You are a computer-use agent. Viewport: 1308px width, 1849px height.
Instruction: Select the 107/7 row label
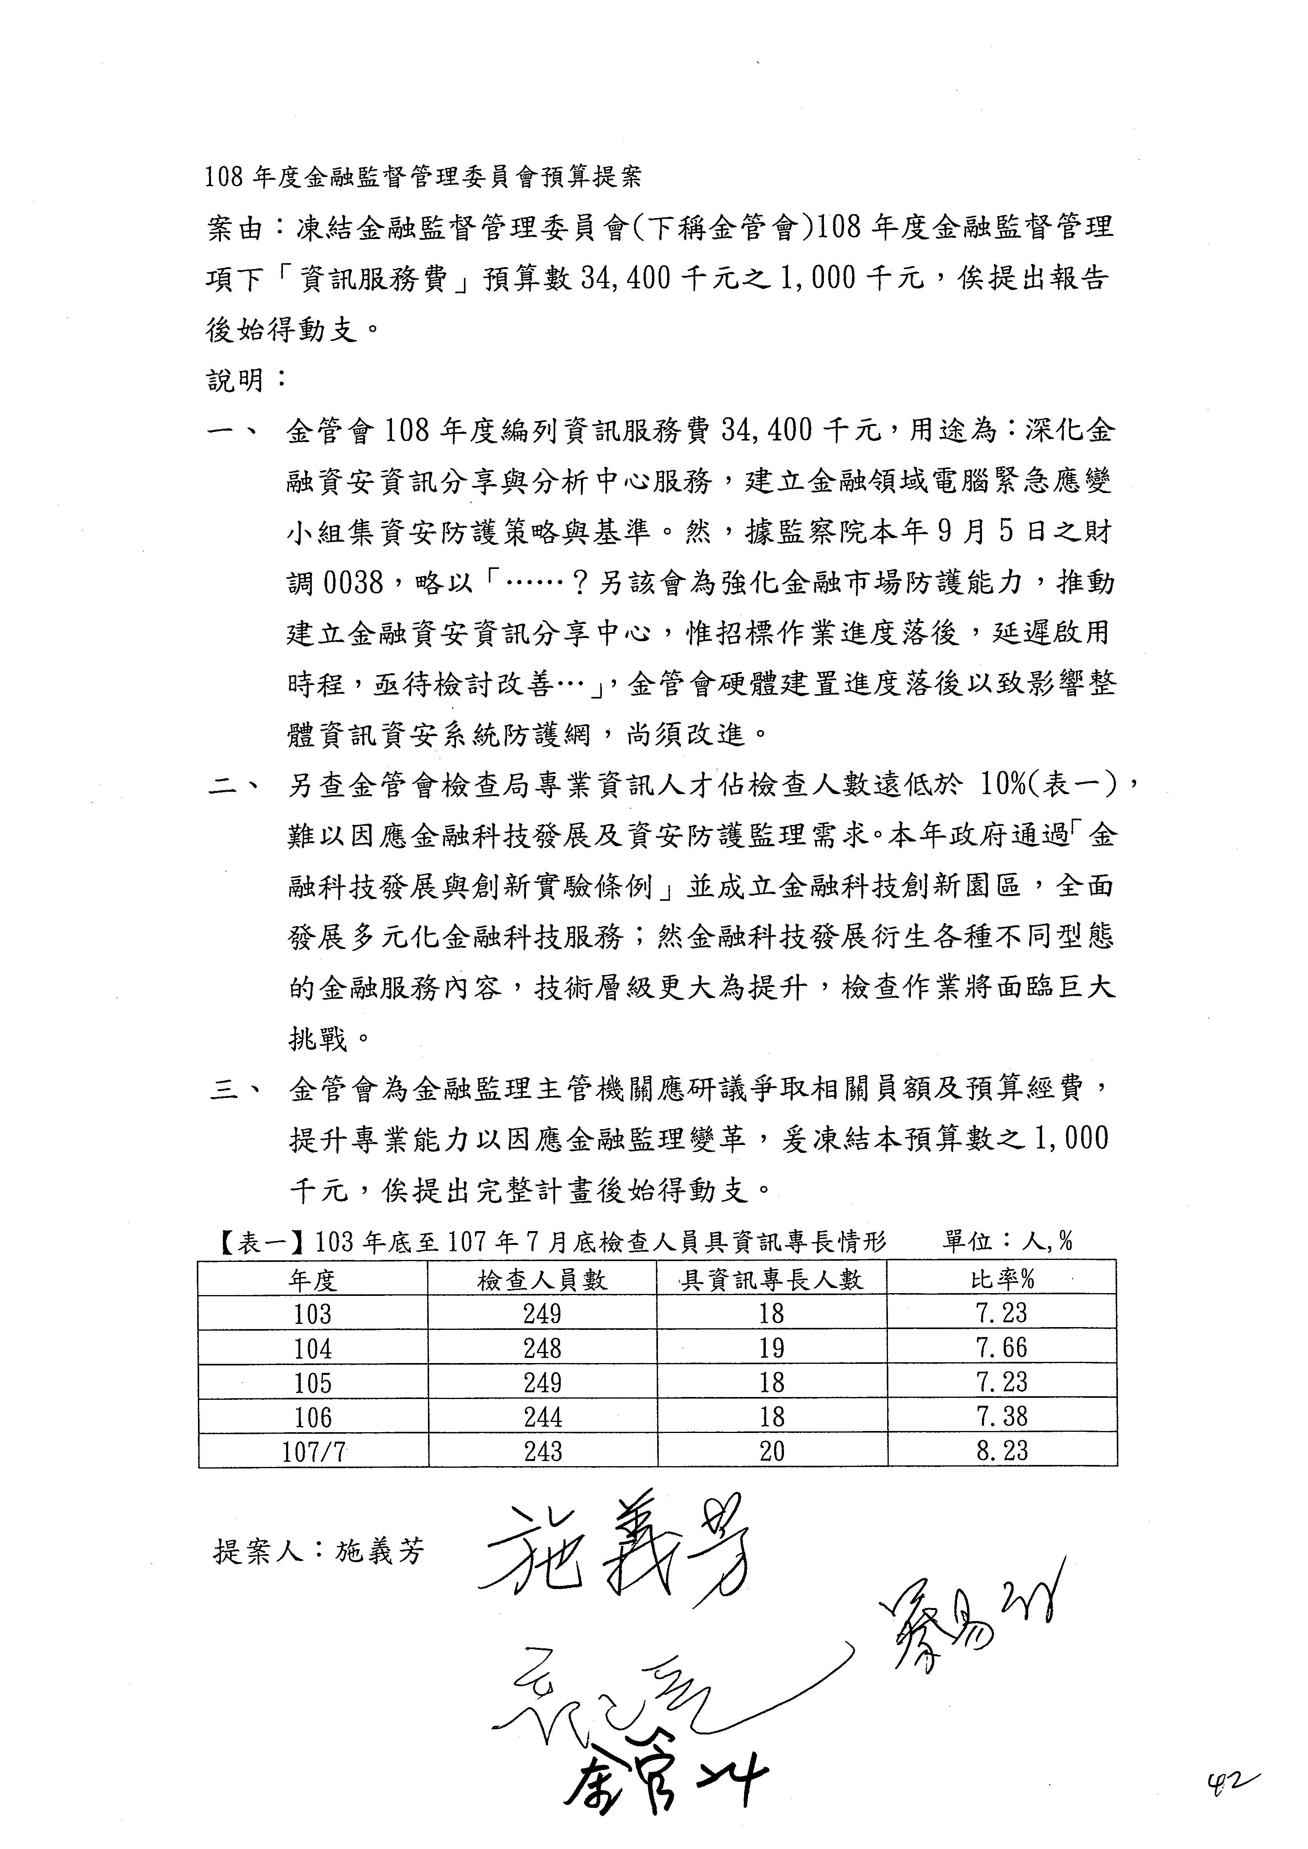pyautogui.click(x=313, y=1451)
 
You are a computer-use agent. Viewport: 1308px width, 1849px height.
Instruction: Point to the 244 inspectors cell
pyautogui.click(x=542, y=1416)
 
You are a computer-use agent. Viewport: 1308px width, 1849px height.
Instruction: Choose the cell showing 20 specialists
pyautogui.click(x=772, y=1451)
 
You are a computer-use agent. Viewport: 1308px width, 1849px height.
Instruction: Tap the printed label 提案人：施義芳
pyautogui.click(x=318, y=1551)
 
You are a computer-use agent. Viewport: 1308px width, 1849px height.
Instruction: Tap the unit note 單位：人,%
pyautogui.click(x=1007, y=1241)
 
